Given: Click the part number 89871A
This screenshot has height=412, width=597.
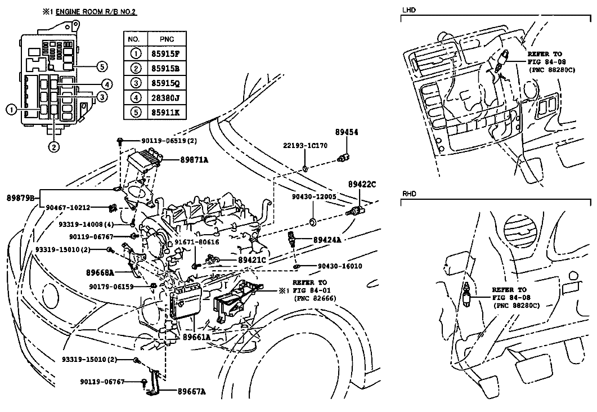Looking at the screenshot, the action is coord(194,160).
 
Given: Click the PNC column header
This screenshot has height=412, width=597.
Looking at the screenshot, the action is coord(167,39).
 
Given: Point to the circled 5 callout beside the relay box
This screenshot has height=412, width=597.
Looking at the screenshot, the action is coord(101,66).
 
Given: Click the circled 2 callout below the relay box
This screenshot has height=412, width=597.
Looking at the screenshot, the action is coord(53,146).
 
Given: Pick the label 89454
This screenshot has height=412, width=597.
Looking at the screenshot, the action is coord(347,132).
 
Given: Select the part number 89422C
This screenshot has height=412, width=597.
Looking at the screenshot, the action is coord(362,184).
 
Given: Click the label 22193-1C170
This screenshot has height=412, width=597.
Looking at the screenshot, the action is coord(305,145).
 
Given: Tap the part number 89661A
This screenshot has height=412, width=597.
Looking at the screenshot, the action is coord(196,337).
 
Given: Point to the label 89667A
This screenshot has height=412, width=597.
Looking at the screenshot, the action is coord(191,391).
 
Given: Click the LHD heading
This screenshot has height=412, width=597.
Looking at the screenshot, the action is coord(409,10).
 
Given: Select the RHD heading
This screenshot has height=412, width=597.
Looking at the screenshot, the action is coord(409,194).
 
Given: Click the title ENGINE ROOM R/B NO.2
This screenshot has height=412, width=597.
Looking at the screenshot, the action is coord(96,11).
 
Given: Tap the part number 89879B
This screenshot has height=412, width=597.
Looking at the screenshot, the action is coord(21,198).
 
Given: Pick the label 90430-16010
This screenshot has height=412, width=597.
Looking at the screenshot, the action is coord(340,266).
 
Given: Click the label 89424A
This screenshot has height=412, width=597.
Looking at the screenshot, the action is coord(327,240).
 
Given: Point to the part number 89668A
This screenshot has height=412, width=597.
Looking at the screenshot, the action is coord(100,272).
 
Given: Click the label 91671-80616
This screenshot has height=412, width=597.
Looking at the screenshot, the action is coord(197,242).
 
